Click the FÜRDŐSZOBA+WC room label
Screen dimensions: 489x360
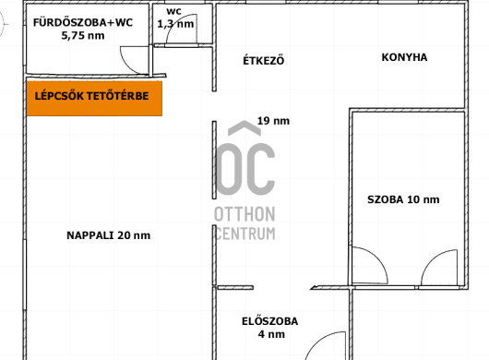click(x=83, y=22)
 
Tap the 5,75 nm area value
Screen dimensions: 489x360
click(x=83, y=36)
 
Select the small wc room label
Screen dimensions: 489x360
click(x=173, y=12)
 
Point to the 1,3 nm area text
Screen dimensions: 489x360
click(x=175, y=24)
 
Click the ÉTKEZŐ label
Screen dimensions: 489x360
click(x=264, y=60)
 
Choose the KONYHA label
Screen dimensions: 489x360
click(x=404, y=57)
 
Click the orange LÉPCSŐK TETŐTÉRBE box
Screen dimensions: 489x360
click(x=94, y=98)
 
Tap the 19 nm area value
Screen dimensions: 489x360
click(x=273, y=121)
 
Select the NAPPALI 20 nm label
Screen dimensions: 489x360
click(x=109, y=235)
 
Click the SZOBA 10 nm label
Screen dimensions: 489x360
click(x=403, y=199)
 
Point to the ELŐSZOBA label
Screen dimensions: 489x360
click(x=269, y=321)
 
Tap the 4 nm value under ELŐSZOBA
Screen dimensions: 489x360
click(x=271, y=334)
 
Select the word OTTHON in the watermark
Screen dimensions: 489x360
click(x=244, y=214)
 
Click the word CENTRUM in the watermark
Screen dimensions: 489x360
click(x=245, y=234)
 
